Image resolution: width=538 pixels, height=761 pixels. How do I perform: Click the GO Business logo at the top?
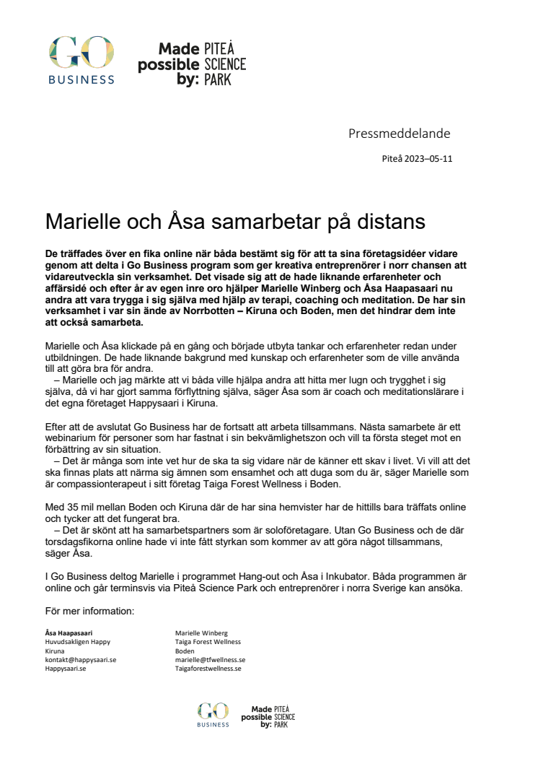(81, 61)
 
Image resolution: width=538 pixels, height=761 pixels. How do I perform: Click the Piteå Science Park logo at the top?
(192, 64)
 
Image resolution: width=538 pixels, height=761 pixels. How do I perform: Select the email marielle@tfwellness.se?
(210, 660)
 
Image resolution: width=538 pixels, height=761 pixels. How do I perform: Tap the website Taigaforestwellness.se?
(208, 669)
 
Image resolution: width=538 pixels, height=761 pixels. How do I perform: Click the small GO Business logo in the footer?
(213, 715)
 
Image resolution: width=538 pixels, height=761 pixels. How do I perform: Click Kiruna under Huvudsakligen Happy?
(55, 651)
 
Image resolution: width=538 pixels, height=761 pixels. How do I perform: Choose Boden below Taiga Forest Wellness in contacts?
(185, 651)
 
